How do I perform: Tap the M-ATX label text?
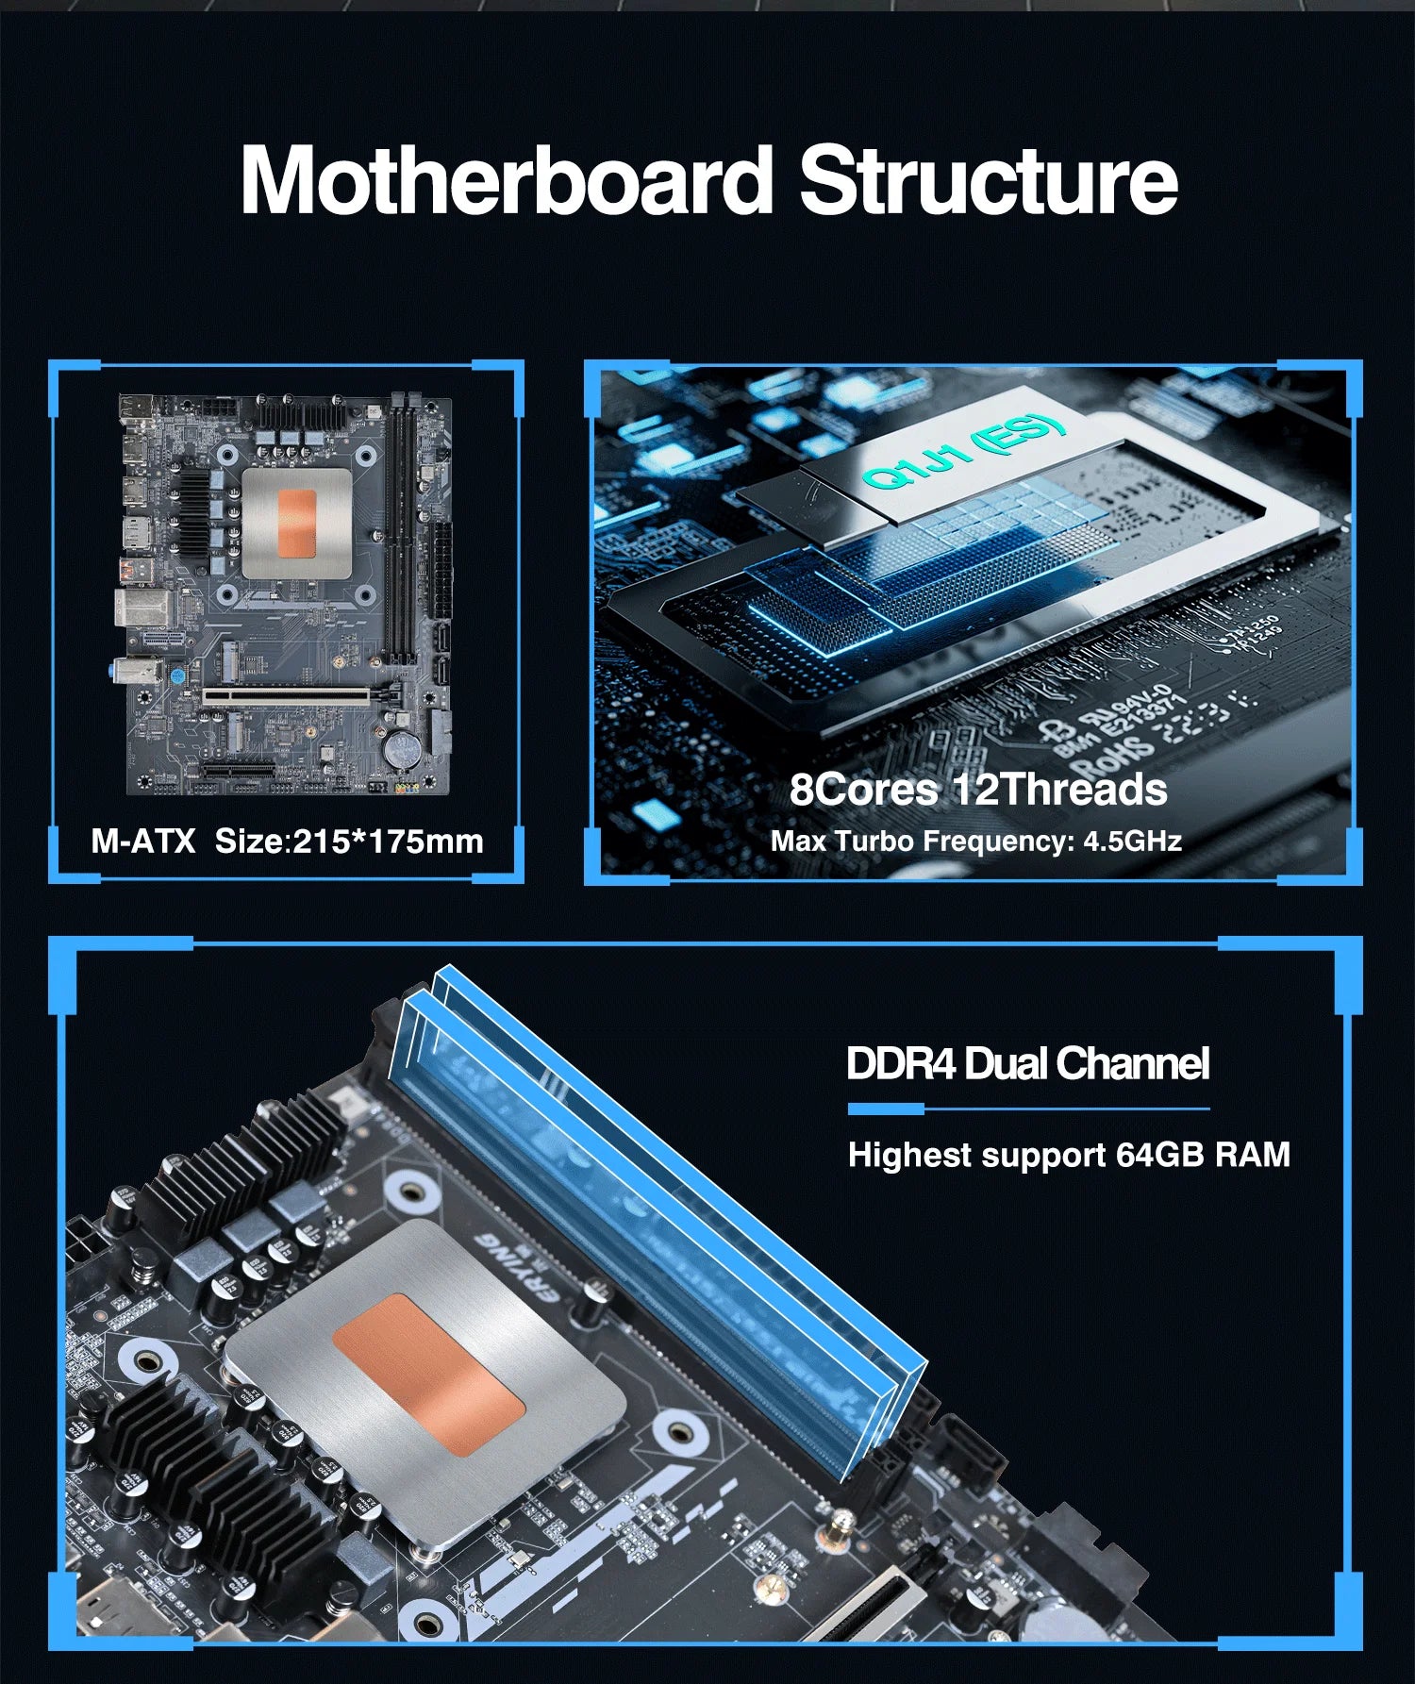[142, 841]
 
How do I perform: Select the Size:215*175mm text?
[349, 841]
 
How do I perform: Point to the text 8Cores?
[863, 789]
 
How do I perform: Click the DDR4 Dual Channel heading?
[1027, 1063]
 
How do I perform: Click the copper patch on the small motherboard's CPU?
[296, 524]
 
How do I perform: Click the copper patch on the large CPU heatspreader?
[428, 1373]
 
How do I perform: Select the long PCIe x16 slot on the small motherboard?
[286, 697]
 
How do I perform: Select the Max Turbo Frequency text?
[923, 841]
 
